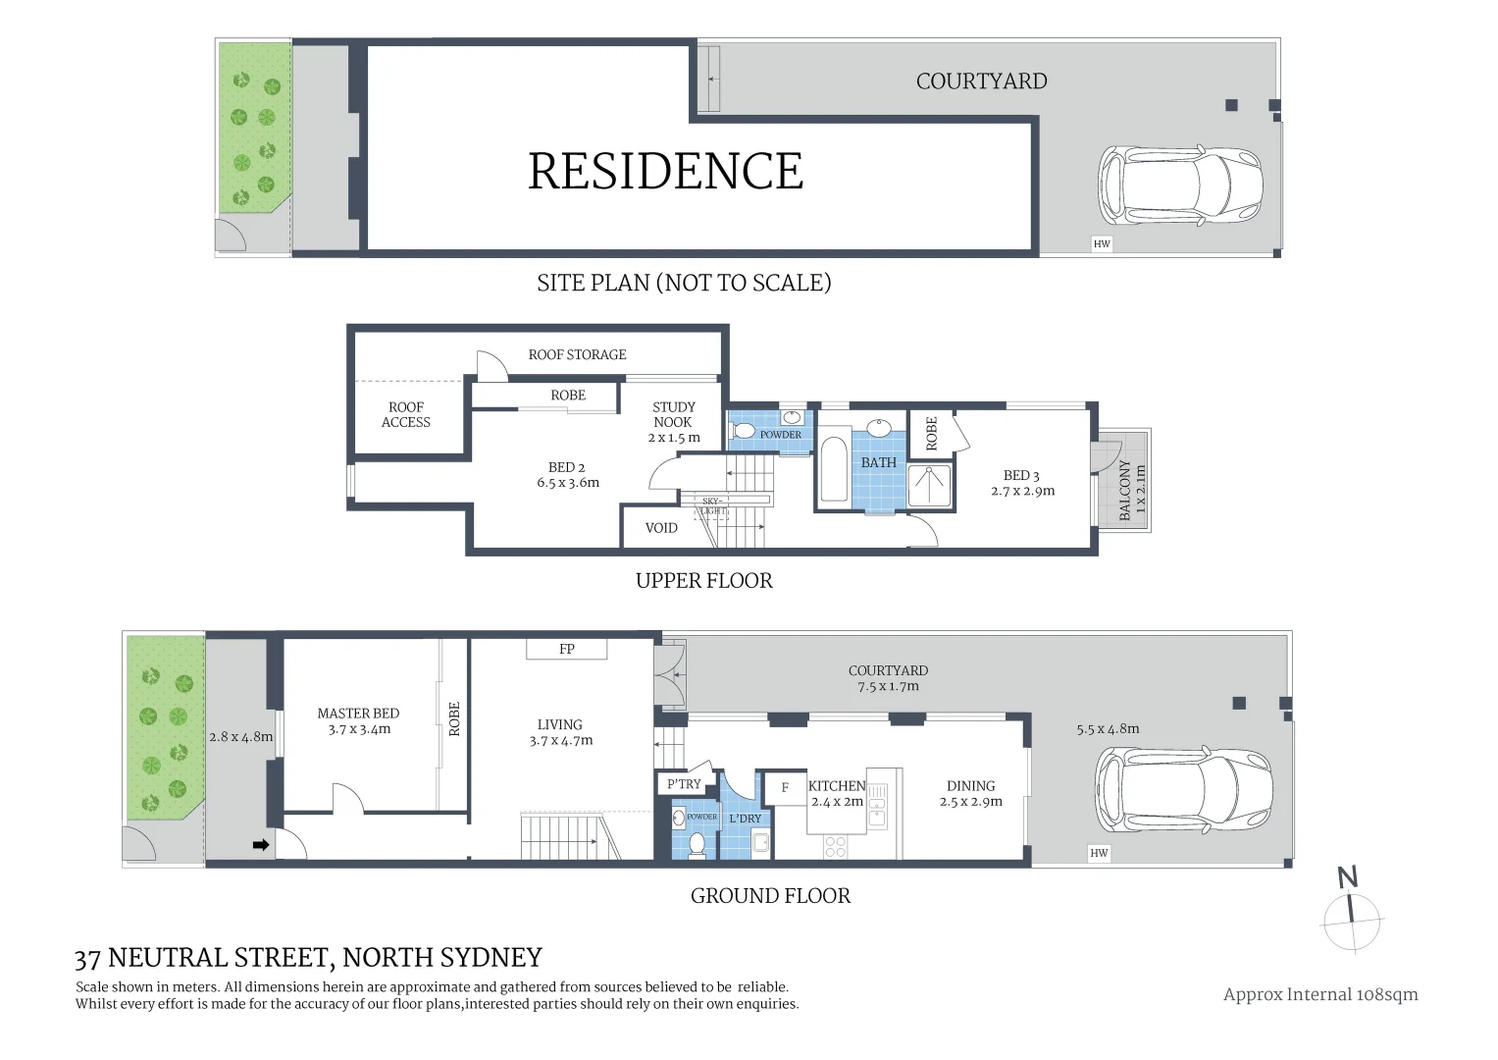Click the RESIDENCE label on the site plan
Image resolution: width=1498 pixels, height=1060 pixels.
(665, 172)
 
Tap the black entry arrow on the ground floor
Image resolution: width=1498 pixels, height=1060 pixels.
(261, 844)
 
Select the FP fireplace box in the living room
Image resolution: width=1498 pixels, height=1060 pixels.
(567, 649)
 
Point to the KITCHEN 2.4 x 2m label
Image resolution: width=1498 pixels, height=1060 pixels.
(837, 793)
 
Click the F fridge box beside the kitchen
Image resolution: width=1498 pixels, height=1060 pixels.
(785, 787)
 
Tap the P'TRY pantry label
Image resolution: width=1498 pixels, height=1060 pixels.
(684, 783)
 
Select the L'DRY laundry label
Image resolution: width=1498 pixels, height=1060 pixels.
(746, 818)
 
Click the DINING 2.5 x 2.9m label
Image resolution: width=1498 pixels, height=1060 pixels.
(970, 793)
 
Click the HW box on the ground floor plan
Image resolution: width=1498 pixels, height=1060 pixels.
(1099, 853)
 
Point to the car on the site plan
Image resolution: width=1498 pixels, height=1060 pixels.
(1179, 185)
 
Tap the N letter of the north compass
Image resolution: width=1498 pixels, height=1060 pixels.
(1348, 876)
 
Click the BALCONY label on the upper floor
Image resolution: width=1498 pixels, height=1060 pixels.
(1125, 490)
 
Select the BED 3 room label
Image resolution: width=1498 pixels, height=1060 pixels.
(1022, 483)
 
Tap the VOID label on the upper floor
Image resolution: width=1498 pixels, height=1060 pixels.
(661, 528)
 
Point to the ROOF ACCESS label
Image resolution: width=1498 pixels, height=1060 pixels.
(406, 414)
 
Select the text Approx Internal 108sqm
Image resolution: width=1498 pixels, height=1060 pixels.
(1320, 994)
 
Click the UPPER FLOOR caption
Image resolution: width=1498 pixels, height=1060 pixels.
(703, 580)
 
